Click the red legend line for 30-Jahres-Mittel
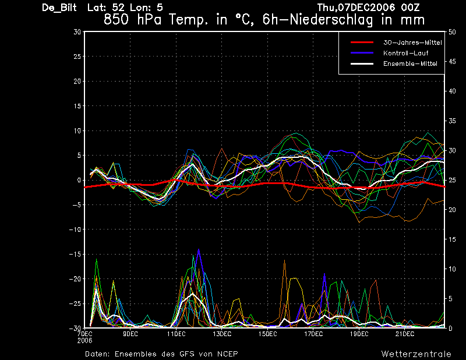point(362,43)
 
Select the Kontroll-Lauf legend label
point(405,53)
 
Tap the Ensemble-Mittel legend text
point(410,63)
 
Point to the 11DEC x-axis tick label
point(176,334)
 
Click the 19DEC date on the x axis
point(359,334)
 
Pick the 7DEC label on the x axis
point(84,334)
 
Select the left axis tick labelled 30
point(77,32)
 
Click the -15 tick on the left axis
point(76,254)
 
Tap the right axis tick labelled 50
point(452,32)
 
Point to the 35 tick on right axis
point(452,121)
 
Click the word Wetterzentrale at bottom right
point(416,354)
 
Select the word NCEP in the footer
point(227,354)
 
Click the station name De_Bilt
point(59,8)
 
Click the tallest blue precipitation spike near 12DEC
point(199,249)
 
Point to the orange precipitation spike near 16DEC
point(285,260)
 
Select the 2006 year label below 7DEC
point(84,341)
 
